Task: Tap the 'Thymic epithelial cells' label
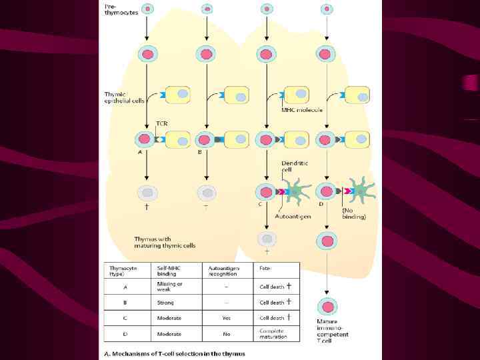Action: (x=124, y=97)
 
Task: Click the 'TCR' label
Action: (x=161, y=124)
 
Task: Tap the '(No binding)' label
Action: (x=353, y=213)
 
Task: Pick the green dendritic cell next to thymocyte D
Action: (x=361, y=191)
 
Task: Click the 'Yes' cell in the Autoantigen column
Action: (x=226, y=318)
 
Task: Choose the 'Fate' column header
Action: (x=265, y=268)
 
